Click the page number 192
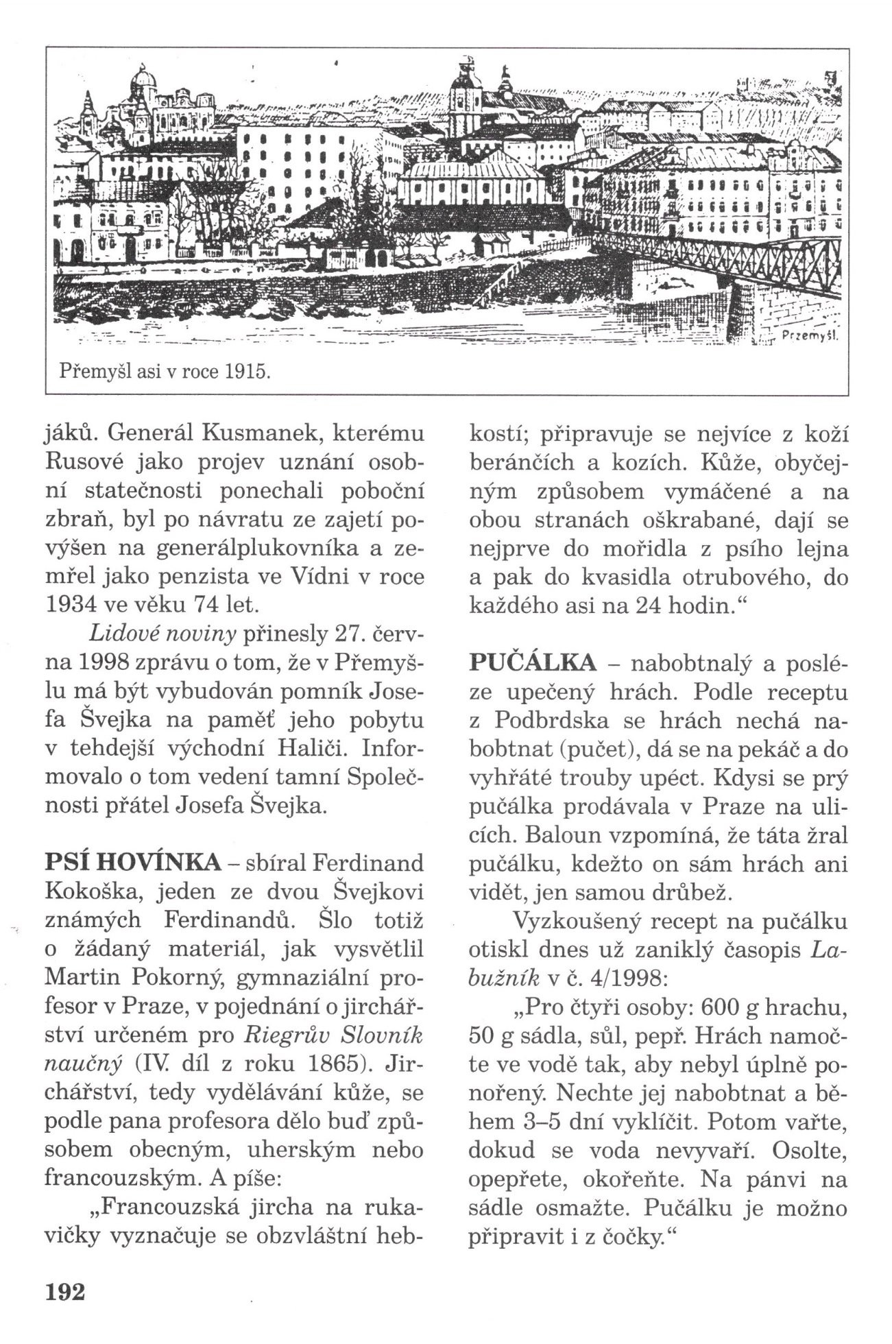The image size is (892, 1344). [64, 1291]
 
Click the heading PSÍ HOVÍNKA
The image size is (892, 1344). [133, 861]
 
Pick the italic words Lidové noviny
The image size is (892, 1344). [141, 635]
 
